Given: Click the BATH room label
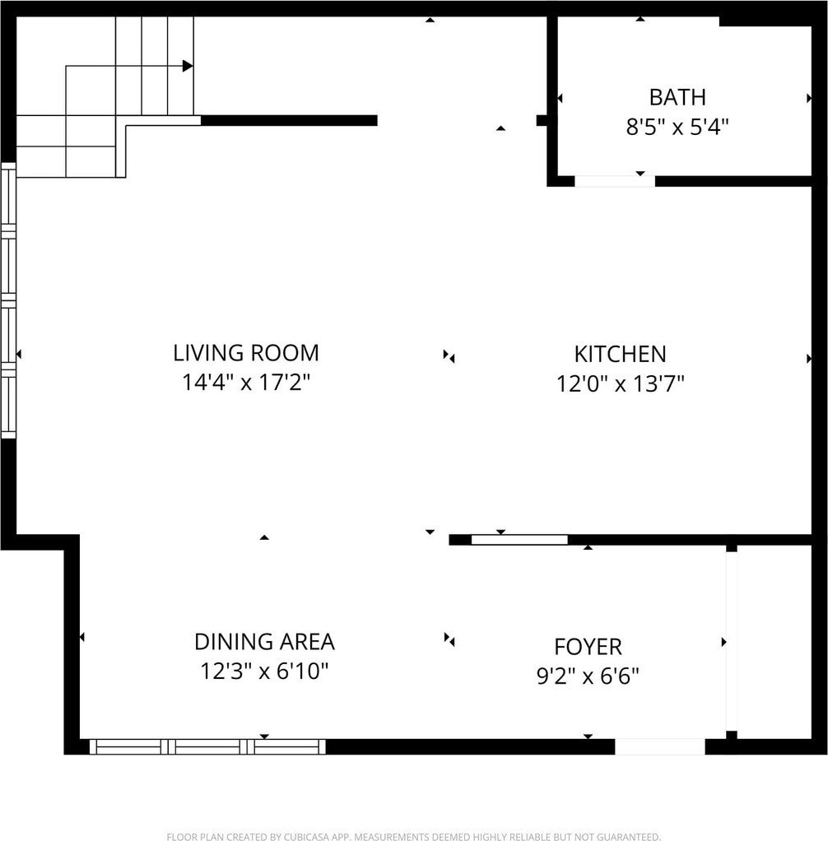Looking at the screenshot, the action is coord(677,97).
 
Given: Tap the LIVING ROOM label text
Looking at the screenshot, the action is coord(246,353).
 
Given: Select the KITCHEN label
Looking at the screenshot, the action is coord(621,354).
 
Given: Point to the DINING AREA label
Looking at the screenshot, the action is coord(264,642).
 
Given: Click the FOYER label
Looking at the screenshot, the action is coord(588,647).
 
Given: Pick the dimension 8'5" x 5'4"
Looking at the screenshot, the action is coord(677,127).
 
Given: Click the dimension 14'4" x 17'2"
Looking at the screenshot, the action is coord(246,383).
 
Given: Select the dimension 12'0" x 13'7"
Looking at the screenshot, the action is coord(621,383).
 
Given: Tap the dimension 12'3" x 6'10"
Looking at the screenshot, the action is coord(264,671).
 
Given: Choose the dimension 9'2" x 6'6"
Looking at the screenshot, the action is coord(588,676).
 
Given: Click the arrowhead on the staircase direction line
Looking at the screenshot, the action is coord(188,66).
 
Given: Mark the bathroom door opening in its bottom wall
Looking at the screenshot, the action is coord(615,181).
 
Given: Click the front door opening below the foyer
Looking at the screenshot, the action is coord(659,746).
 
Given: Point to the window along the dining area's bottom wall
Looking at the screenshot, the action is coord(207,746).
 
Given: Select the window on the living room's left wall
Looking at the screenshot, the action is coord(8,300).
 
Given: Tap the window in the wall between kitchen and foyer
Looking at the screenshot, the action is coord(519,540).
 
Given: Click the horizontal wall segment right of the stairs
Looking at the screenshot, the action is coord(289,121).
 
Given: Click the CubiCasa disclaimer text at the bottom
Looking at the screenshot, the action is coord(414,836).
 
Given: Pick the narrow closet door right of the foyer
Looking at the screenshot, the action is coord(732,642).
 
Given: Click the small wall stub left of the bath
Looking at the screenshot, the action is coord(542,121).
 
